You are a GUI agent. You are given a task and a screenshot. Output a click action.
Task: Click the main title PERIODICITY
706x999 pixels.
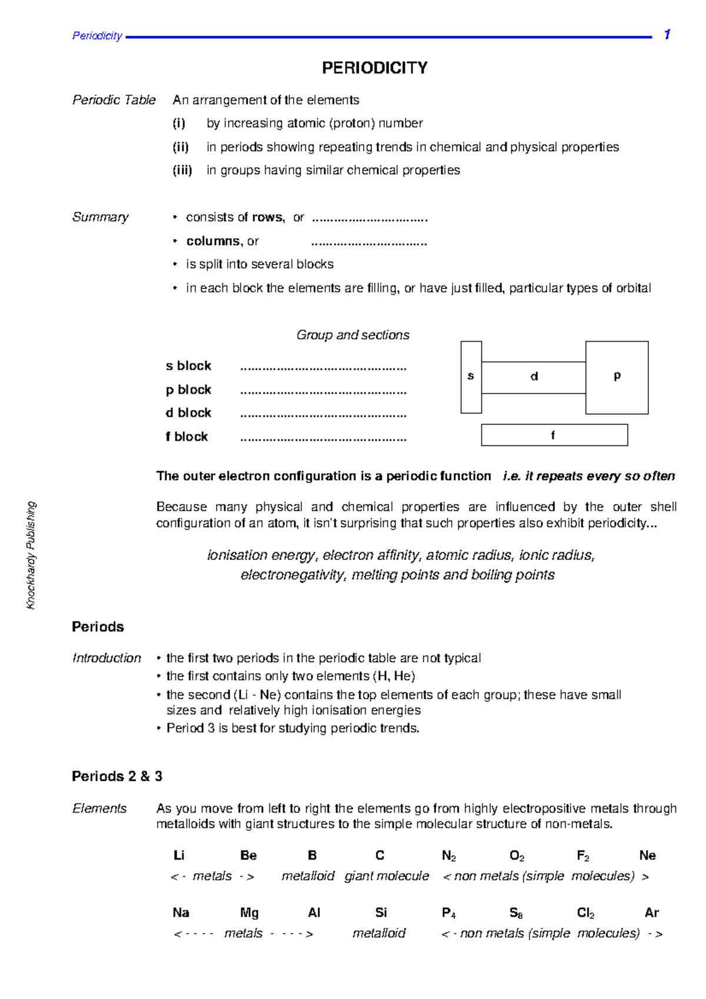pos(374,68)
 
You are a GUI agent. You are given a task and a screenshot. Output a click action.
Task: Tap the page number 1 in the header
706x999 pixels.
pos(667,35)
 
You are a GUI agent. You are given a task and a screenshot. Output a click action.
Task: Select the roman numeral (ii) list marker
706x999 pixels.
pos(181,147)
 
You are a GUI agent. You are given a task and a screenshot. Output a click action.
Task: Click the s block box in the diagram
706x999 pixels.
pos(471,377)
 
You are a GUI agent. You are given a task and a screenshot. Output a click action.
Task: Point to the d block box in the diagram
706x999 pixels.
pos(534,377)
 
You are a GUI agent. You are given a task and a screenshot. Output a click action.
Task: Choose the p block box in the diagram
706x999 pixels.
pos(617,377)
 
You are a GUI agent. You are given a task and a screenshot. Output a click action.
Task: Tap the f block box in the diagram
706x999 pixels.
pos(554,435)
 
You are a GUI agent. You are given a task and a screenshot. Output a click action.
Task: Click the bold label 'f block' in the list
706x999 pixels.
pos(187,437)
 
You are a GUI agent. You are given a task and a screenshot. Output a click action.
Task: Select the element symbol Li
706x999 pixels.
pos(179,855)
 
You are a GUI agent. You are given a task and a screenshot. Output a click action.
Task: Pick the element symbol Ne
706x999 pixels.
pos(647,855)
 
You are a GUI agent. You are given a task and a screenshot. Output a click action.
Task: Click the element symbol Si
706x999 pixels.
pos(381,913)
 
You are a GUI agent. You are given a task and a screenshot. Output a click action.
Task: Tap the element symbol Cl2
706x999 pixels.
pos(585,913)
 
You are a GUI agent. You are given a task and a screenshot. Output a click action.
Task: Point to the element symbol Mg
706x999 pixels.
pos(249,913)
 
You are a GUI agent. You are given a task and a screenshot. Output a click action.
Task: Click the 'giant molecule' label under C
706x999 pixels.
pos(387,876)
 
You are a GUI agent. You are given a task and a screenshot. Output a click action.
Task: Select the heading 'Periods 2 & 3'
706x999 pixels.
pos(117,777)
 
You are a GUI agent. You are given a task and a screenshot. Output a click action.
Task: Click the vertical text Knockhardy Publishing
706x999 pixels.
pos(31,555)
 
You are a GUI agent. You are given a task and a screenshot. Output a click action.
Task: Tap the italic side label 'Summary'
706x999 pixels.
pos(100,217)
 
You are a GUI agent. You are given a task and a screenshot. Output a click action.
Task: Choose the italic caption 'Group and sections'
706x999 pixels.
pos(352,335)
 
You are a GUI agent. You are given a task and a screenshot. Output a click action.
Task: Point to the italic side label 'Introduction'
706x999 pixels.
pos(106,658)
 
